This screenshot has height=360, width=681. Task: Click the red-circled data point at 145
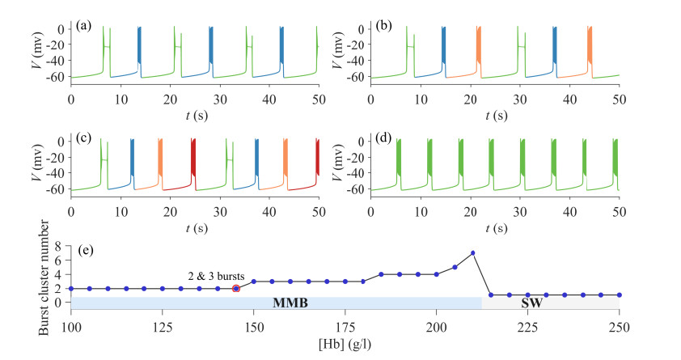pos(236,288)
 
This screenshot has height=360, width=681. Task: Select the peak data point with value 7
pos(473,253)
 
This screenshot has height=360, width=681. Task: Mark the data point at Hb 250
pos(620,295)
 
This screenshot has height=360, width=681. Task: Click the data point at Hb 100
pos(71,288)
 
